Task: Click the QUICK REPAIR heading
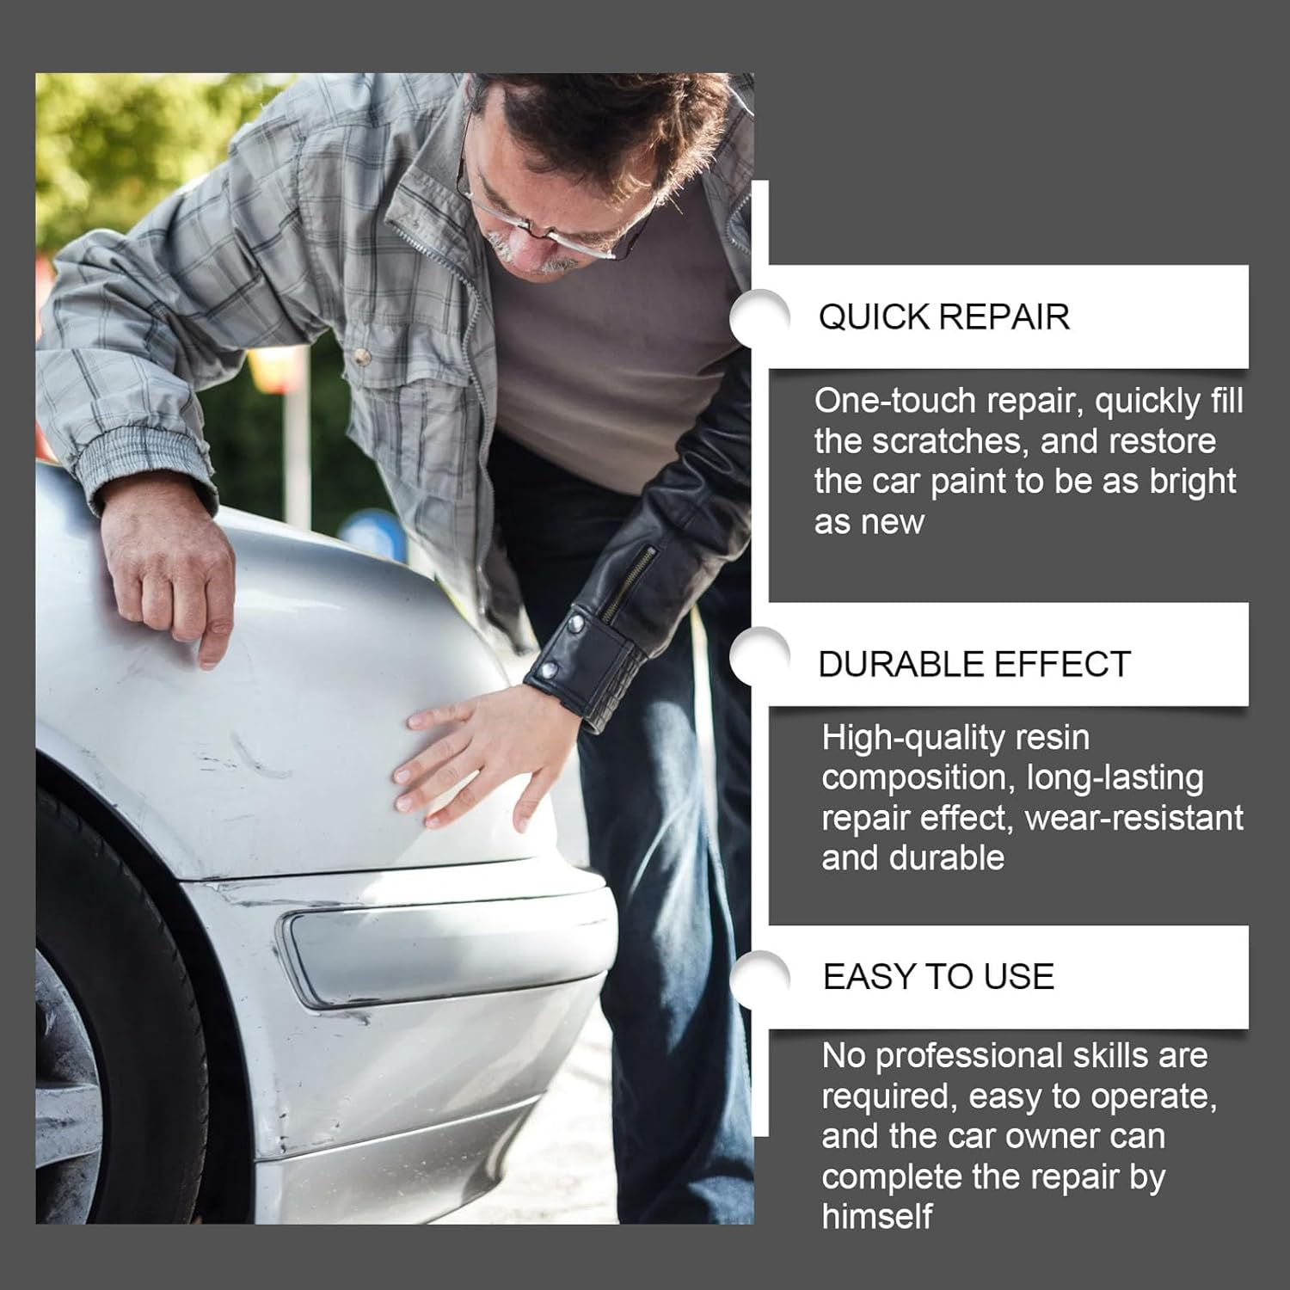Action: click(943, 317)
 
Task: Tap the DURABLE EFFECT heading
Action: click(974, 665)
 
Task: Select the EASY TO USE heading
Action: click(938, 977)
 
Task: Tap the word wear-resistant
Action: click(1134, 818)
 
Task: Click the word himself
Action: click(876, 1217)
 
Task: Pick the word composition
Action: click(913, 779)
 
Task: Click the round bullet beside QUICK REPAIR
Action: click(759, 317)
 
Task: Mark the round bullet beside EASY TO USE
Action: click(759, 980)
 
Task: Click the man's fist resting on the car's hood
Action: click(172, 572)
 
